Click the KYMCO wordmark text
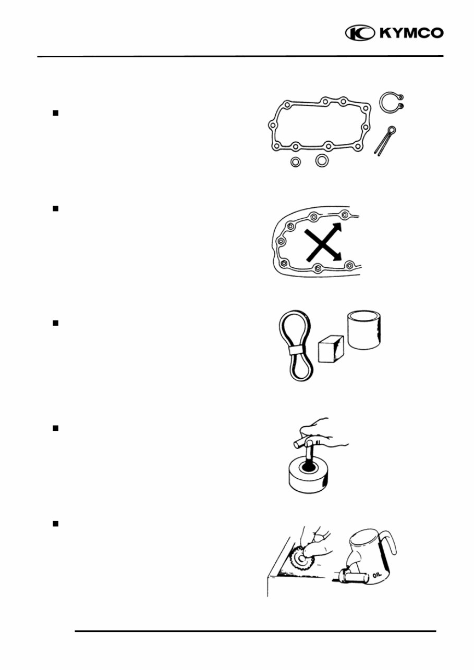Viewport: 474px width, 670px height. click(x=411, y=33)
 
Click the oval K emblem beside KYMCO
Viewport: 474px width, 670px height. click(x=360, y=33)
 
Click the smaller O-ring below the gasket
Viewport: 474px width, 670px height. click(x=296, y=162)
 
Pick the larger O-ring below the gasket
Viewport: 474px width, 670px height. click(x=322, y=160)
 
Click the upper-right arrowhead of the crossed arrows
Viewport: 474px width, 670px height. click(x=337, y=227)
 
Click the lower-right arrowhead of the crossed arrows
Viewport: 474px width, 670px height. click(x=338, y=256)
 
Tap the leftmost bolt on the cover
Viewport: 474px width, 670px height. click(x=281, y=241)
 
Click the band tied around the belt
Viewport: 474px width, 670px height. click(x=296, y=350)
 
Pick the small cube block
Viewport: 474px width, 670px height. click(x=331, y=348)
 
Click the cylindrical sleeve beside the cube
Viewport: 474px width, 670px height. click(x=364, y=330)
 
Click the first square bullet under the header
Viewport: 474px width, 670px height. click(x=55, y=113)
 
